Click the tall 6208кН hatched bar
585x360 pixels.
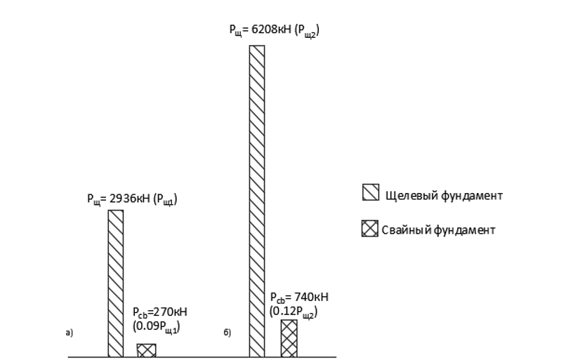[x=257, y=201]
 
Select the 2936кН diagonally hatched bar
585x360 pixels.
[x=116, y=284]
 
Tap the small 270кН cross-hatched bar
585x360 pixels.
[x=146, y=351]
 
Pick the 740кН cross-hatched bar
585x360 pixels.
[x=289, y=338]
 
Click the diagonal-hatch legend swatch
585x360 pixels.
[x=371, y=192]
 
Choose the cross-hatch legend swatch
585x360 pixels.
[x=369, y=229]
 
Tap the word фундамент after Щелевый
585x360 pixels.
[x=472, y=195]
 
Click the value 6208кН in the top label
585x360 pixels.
[x=271, y=29]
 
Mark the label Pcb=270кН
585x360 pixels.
[x=160, y=312]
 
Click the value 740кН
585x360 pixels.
[x=312, y=297]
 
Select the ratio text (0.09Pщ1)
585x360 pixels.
[x=157, y=326]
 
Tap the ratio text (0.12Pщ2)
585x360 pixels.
[x=294, y=312]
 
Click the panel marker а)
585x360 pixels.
[x=70, y=333]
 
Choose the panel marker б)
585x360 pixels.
[x=228, y=333]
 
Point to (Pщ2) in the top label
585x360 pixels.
[x=307, y=30]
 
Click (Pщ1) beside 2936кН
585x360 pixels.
[x=165, y=199]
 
